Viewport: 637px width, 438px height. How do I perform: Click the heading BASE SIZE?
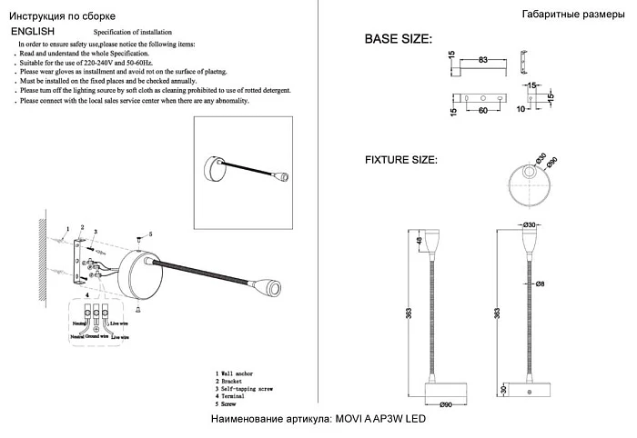(398, 39)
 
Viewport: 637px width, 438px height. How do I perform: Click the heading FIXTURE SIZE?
(401, 160)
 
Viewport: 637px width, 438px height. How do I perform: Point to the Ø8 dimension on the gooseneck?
(540, 284)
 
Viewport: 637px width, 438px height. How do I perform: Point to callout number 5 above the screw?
(150, 234)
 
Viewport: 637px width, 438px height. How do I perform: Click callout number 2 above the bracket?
(82, 227)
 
